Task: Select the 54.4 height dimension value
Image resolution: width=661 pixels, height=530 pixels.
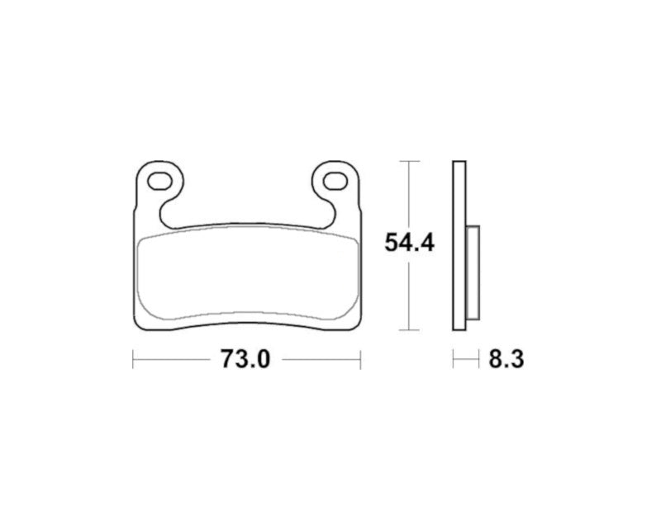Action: (410, 243)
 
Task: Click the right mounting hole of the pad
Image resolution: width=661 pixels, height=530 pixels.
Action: (335, 179)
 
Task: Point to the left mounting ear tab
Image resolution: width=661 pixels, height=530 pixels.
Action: (157, 186)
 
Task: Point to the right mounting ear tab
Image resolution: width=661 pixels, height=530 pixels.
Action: (339, 186)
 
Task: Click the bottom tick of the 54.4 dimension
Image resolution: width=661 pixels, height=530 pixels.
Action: (410, 330)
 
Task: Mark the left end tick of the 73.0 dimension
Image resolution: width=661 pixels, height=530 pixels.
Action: (133, 359)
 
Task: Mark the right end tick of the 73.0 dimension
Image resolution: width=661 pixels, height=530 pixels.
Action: (361, 359)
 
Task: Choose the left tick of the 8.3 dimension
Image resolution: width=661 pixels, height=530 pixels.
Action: (452, 359)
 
